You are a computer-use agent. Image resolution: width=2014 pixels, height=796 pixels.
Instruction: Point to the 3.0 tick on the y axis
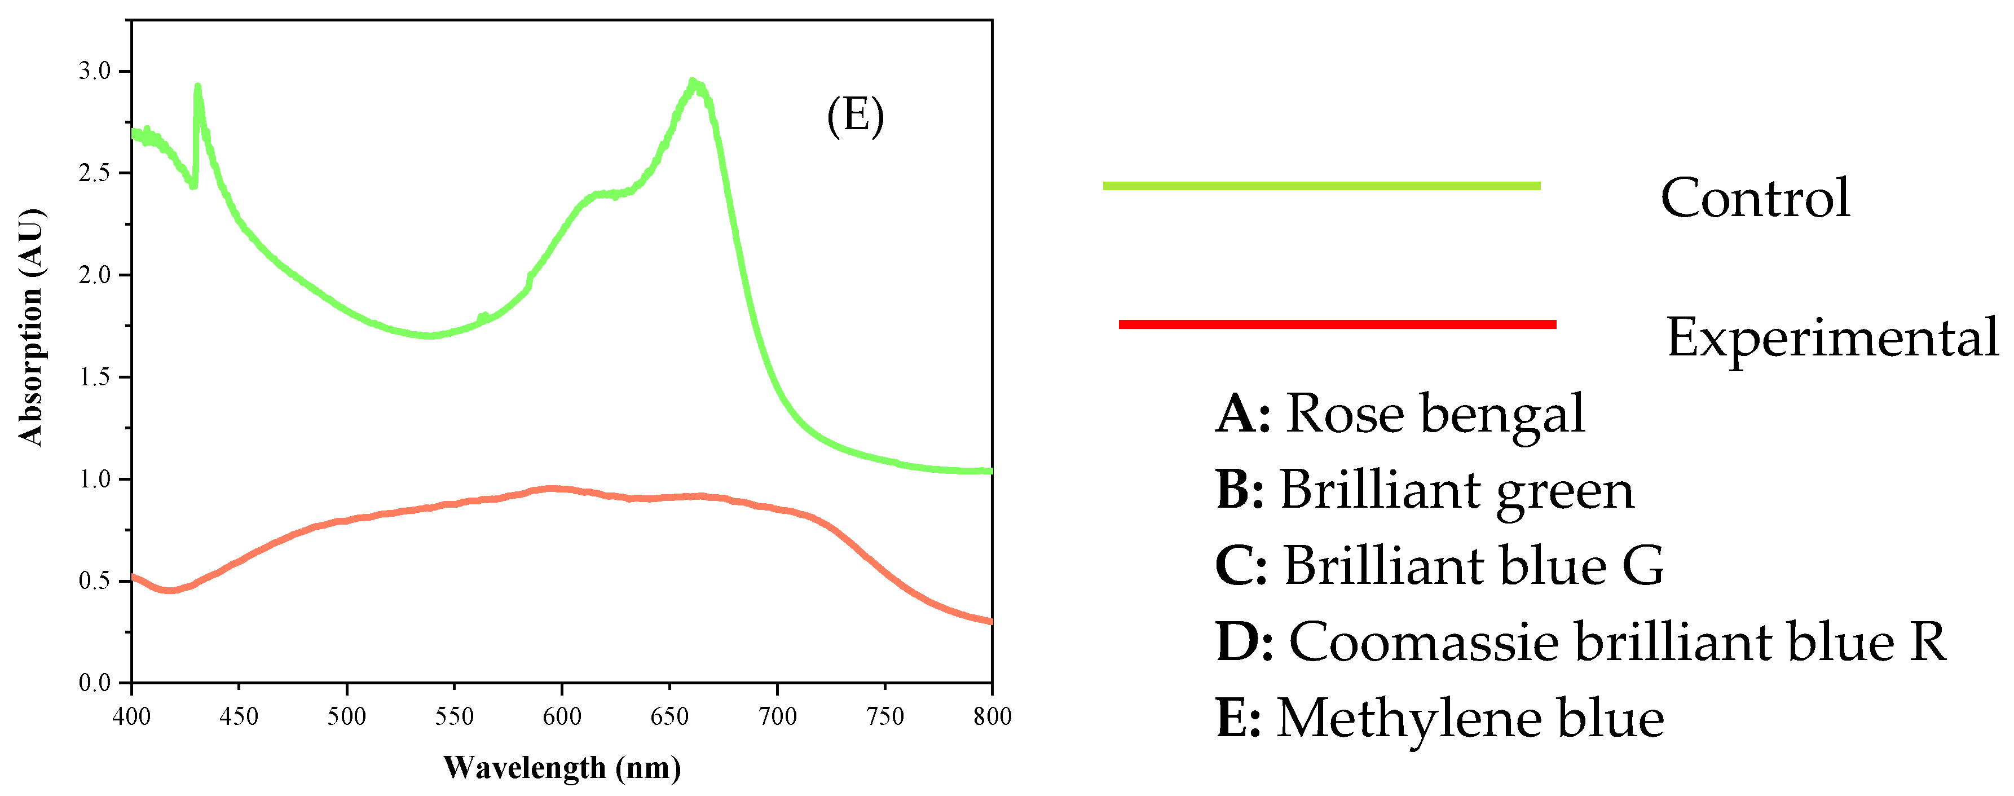point(94,71)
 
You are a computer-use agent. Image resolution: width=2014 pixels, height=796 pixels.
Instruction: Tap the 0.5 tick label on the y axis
point(94,581)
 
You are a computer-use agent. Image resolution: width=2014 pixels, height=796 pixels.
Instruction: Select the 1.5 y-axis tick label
point(94,377)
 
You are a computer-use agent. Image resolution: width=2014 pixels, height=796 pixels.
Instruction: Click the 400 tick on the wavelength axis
point(131,715)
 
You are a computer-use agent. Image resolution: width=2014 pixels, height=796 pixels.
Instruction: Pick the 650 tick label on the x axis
point(669,715)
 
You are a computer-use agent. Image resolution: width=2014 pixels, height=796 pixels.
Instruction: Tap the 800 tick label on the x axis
point(992,715)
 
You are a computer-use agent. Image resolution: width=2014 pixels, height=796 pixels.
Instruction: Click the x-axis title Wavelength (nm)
point(561,768)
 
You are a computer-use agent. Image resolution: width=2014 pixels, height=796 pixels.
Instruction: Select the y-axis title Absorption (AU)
point(31,327)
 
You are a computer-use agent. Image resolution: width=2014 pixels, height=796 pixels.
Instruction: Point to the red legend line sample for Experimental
point(1337,324)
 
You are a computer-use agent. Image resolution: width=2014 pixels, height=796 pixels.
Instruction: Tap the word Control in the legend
point(1755,198)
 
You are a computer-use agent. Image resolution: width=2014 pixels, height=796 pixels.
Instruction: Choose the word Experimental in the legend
point(1832,338)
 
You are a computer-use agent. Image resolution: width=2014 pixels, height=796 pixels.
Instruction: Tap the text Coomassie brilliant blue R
point(1617,642)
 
